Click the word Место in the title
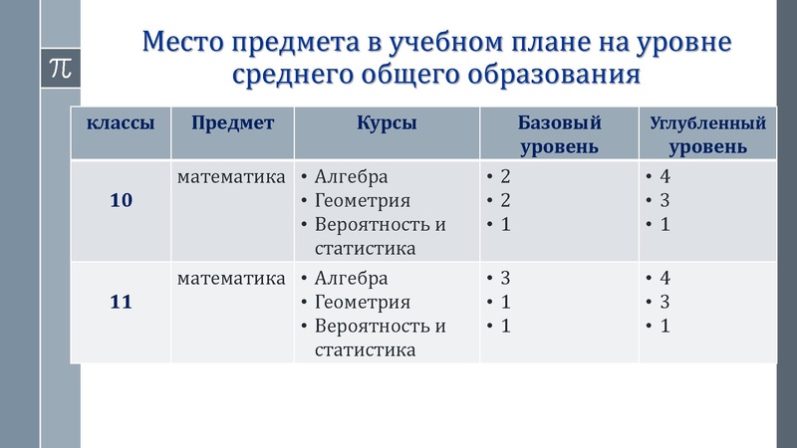[183, 42]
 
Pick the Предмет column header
[233, 123]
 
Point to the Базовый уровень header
[559, 134]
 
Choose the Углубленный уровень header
[707, 135]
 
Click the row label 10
[121, 200]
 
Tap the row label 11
[121, 301]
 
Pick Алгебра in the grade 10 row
[351, 177]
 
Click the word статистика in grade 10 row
[365, 248]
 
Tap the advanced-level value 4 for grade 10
[664, 177]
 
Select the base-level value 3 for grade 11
[505, 278]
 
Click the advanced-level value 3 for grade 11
[664, 302]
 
